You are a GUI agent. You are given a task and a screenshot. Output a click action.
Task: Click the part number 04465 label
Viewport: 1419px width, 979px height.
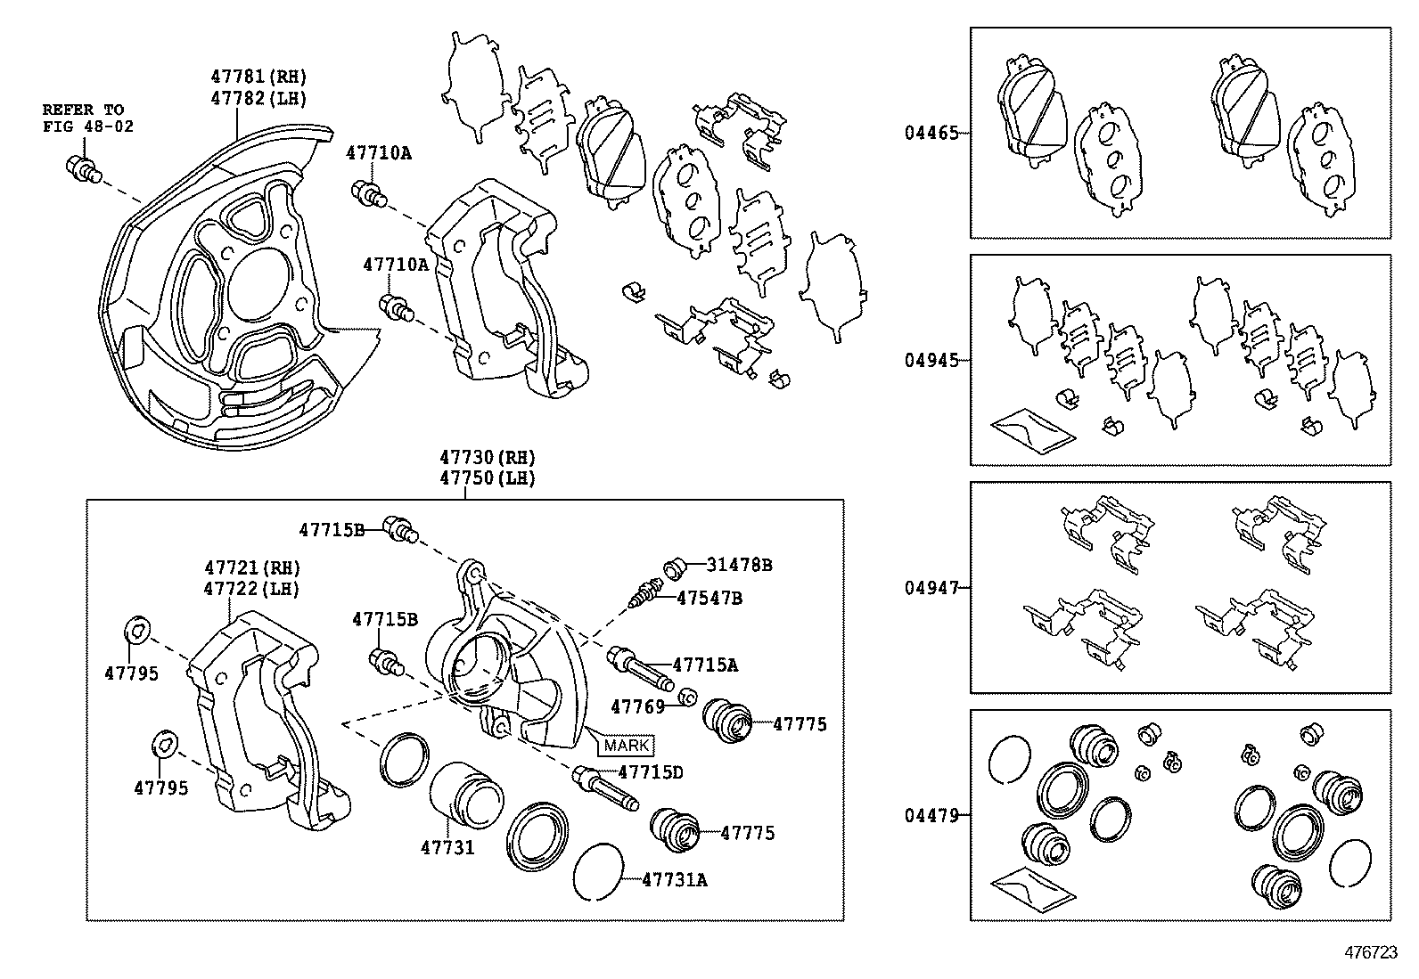point(931,134)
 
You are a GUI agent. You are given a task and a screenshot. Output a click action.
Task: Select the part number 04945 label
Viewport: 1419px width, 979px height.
point(931,361)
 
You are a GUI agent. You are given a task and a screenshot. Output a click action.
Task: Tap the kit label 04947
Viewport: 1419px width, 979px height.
point(931,588)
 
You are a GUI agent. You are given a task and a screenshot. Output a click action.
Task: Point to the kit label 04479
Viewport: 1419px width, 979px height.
point(931,815)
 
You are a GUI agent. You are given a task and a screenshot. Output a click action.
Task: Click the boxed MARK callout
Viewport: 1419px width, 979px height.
point(627,745)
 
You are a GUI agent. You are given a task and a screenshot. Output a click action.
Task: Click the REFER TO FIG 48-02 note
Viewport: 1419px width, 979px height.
point(88,118)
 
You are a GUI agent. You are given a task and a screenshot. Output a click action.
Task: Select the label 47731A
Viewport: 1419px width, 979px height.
point(675,880)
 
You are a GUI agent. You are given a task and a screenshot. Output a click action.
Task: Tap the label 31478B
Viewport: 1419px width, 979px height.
point(739,565)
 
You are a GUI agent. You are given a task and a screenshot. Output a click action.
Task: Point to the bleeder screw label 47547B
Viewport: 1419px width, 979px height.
point(709,598)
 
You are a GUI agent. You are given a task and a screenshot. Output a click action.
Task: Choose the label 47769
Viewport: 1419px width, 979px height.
point(637,706)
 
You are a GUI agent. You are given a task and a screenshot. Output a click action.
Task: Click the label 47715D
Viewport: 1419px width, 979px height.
point(650,772)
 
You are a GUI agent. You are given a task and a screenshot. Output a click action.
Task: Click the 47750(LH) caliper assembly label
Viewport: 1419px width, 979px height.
point(487,478)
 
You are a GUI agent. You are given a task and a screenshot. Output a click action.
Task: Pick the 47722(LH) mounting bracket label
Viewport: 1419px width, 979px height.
point(252,589)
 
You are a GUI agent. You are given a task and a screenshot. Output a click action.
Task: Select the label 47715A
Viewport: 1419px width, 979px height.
point(705,665)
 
